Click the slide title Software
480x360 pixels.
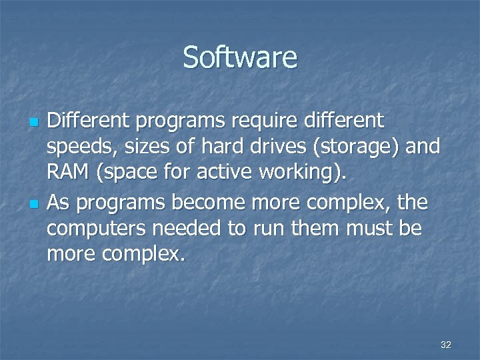(x=240, y=57)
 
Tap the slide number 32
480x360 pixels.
(x=446, y=345)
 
